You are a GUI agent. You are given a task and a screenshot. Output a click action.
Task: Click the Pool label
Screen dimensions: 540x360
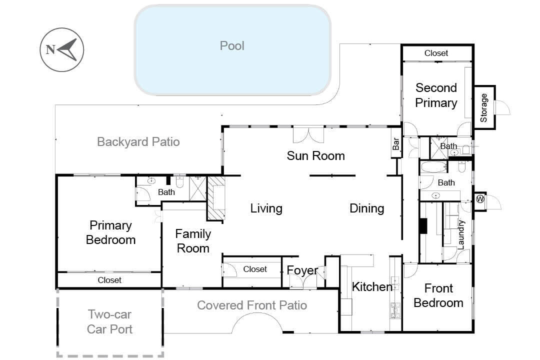pos(232,46)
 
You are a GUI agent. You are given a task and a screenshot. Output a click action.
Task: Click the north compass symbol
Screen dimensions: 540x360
pos(62,50)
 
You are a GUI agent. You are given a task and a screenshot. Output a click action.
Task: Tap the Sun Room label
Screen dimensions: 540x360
pos(316,155)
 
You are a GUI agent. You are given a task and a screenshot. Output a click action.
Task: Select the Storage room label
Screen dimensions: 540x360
pos(484,108)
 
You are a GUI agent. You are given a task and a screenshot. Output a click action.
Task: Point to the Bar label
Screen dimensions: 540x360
pos(396,143)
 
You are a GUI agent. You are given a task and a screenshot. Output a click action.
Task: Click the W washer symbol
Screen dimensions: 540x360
pos(480,199)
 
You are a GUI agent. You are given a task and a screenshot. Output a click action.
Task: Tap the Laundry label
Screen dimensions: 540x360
pos(461,234)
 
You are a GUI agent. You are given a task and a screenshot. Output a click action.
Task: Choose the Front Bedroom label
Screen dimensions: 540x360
pos(438,295)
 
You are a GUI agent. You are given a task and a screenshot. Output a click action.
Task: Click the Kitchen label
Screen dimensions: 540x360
pos(372,286)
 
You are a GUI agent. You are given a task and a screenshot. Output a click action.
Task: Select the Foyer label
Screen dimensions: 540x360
pos(302,271)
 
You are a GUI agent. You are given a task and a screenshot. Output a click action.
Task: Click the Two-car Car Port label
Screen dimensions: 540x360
pos(109,322)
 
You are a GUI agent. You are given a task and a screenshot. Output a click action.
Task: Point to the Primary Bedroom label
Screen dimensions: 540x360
pos(110,232)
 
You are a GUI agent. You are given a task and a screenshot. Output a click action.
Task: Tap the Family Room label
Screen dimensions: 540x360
pos(193,241)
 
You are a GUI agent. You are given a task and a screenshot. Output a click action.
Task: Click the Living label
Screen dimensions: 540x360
pos(266,208)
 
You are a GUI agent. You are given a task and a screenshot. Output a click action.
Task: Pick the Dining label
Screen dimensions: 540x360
pos(367,208)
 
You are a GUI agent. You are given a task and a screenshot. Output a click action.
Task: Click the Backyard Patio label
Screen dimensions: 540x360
pos(138,142)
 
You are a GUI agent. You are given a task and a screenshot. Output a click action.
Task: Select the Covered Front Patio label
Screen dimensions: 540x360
pos(252,305)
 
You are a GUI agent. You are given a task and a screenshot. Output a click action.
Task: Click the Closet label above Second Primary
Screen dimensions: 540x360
pos(436,53)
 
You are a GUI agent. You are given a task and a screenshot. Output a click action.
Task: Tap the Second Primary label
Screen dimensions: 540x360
pos(436,95)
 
